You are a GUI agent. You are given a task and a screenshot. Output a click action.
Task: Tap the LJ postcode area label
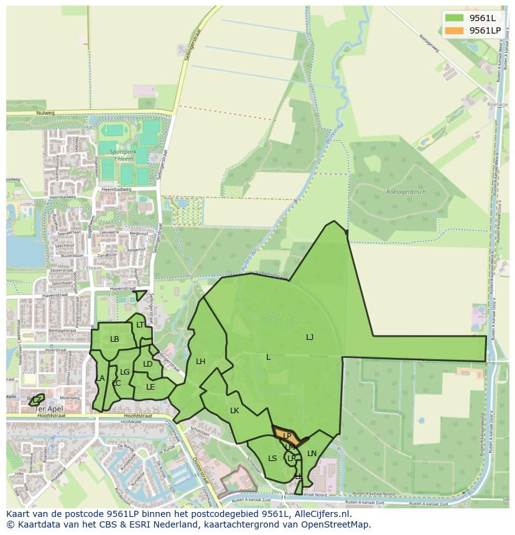310,337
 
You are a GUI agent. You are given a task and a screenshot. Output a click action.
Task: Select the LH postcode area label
200,362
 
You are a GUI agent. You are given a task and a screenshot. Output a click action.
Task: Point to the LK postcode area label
234,411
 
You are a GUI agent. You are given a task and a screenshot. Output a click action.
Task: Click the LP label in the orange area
287,436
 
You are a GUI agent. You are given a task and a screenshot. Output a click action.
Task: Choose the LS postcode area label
272,459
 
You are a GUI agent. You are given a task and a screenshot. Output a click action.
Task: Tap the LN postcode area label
312,454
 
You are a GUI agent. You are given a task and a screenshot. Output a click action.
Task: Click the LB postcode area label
114,339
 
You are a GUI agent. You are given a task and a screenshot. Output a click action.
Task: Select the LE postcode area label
150,387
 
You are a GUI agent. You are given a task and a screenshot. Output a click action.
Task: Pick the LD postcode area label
147,364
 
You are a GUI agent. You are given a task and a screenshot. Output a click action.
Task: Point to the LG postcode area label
124,372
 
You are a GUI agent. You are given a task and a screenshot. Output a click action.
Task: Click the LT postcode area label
140,325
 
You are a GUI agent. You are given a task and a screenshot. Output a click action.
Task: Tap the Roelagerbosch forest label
405,193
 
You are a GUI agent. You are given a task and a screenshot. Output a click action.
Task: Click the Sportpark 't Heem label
121,155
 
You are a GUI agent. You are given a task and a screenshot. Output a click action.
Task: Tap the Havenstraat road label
121,288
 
